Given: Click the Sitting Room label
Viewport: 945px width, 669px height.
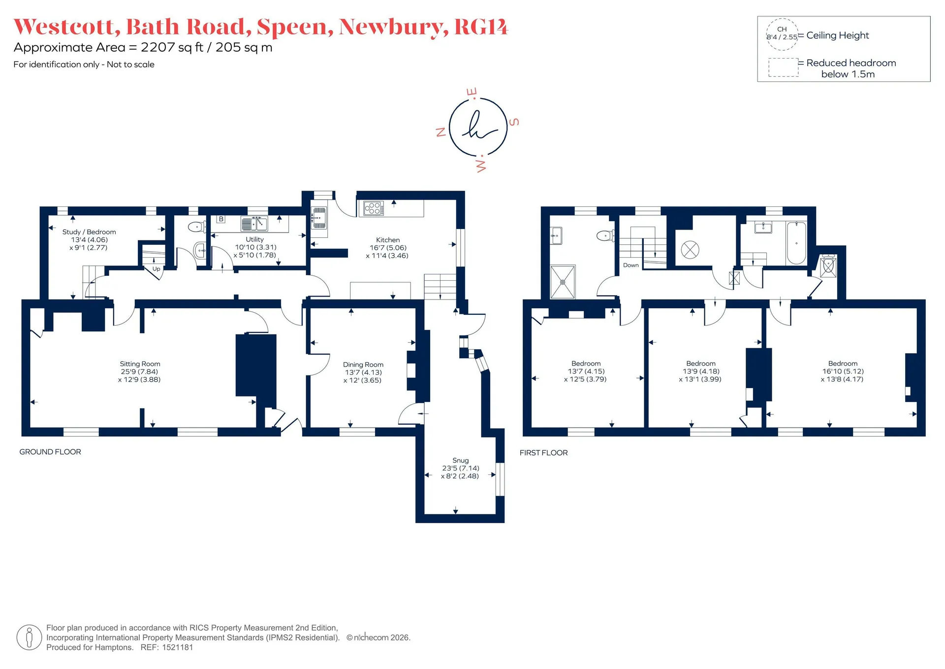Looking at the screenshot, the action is click(x=140, y=364).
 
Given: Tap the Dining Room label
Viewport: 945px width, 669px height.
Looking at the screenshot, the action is click(x=363, y=365).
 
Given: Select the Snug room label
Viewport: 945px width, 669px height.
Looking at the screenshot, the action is click(x=461, y=460).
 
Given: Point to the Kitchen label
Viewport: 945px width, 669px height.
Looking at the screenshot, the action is click(x=388, y=240).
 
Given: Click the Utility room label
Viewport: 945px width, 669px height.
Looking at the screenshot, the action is click(x=255, y=239).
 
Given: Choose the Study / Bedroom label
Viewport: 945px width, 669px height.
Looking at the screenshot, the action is click(x=89, y=232).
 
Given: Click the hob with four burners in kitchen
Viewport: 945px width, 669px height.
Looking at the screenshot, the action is click(x=374, y=209).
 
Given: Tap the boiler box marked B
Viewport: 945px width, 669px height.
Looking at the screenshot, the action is click(x=221, y=219).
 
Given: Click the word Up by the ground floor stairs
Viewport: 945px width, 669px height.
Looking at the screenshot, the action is click(x=156, y=269).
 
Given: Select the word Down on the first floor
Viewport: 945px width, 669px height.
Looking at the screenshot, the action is click(x=631, y=265).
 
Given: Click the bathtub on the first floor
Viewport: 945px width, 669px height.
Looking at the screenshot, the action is click(x=796, y=243).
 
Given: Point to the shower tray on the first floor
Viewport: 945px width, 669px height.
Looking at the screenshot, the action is click(x=563, y=282).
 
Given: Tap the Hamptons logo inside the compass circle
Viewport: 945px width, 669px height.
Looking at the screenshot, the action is click(x=477, y=126).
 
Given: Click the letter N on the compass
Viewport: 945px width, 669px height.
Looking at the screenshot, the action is click(x=441, y=132).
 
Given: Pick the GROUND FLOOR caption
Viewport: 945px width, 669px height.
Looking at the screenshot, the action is click(x=50, y=452).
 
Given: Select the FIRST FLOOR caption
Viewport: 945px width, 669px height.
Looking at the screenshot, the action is click(x=544, y=453).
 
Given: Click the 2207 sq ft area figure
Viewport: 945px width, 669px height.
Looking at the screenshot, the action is click(x=172, y=47).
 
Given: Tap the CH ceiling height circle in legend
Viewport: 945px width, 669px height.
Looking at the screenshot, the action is click(x=782, y=34).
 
